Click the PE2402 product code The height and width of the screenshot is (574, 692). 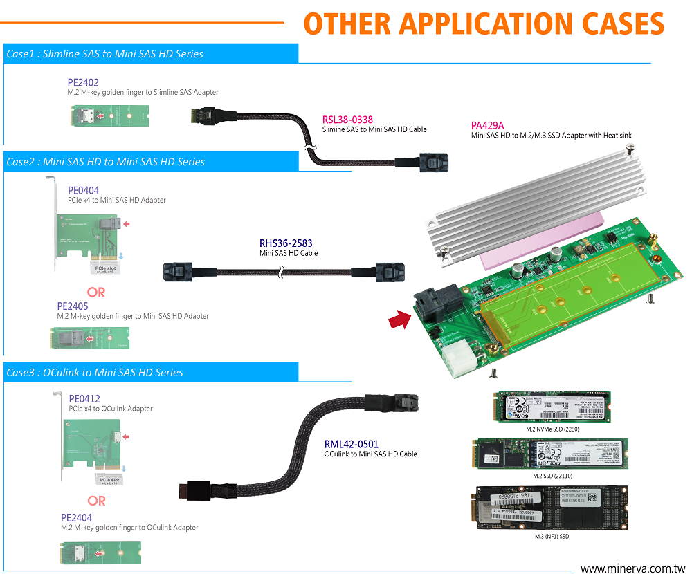click(x=83, y=82)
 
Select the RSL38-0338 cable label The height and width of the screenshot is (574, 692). click(x=347, y=120)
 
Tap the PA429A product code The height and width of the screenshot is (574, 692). click(x=488, y=125)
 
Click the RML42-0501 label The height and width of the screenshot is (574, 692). click(x=352, y=444)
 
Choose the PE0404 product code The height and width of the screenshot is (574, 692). click(x=83, y=190)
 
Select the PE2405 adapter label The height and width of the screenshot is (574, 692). click(x=72, y=306)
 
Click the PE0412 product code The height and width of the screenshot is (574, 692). click(x=84, y=399)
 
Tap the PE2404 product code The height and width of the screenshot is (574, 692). click(x=76, y=517)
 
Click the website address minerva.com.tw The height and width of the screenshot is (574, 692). click(x=630, y=568)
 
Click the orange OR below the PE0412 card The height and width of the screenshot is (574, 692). click(x=96, y=500)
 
